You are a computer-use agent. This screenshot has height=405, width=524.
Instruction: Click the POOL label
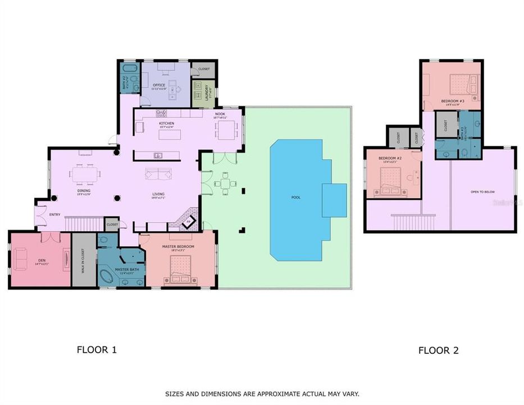[x=295, y=197]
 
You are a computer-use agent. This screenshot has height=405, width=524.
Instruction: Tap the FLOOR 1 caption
[x=97, y=349]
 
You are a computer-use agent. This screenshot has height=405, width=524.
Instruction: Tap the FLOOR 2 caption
[x=438, y=350]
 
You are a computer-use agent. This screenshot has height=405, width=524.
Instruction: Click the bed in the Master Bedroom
[x=180, y=271]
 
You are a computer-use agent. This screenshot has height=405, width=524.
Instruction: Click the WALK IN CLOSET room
[x=84, y=260]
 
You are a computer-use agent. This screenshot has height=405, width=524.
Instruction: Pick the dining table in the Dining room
[x=87, y=174]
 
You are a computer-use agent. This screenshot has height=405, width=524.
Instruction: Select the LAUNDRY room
[x=199, y=93]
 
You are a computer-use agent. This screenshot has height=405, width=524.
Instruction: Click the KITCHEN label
[x=166, y=123]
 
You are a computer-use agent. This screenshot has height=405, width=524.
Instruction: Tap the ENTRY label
[x=54, y=214]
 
